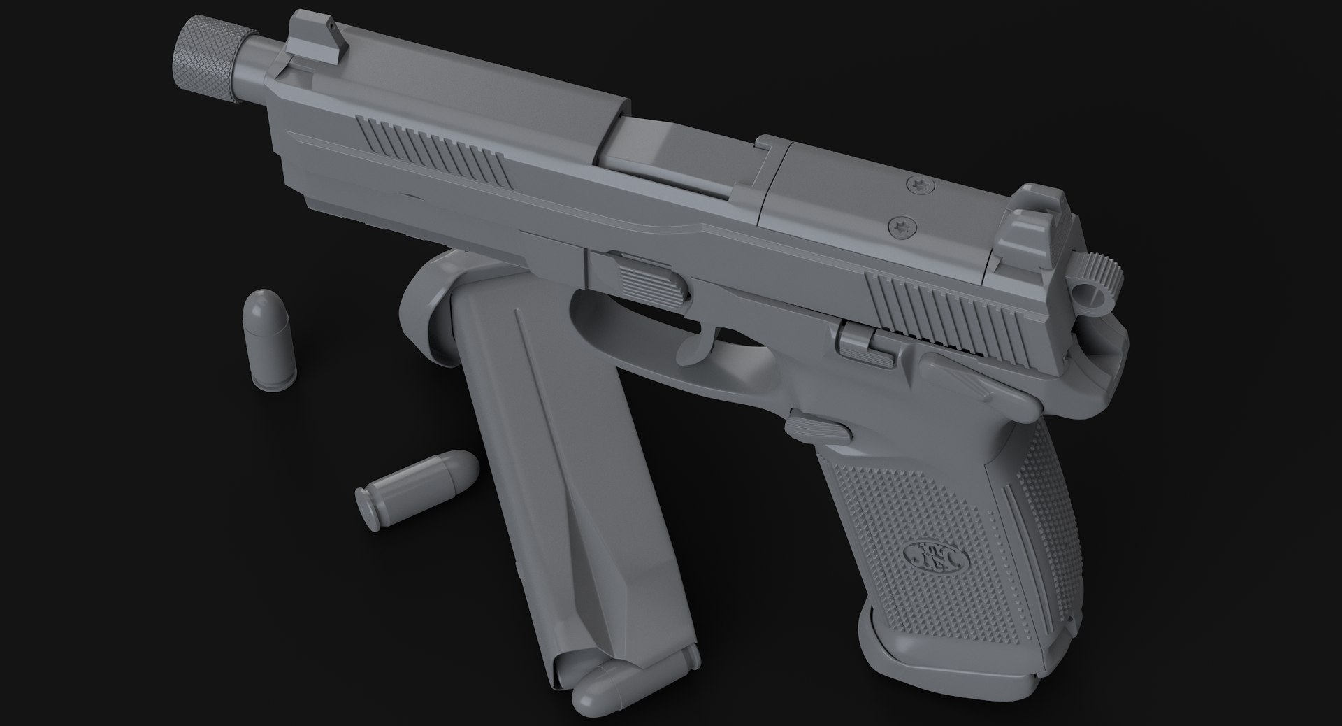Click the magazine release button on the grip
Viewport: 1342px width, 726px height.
[818, 427]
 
